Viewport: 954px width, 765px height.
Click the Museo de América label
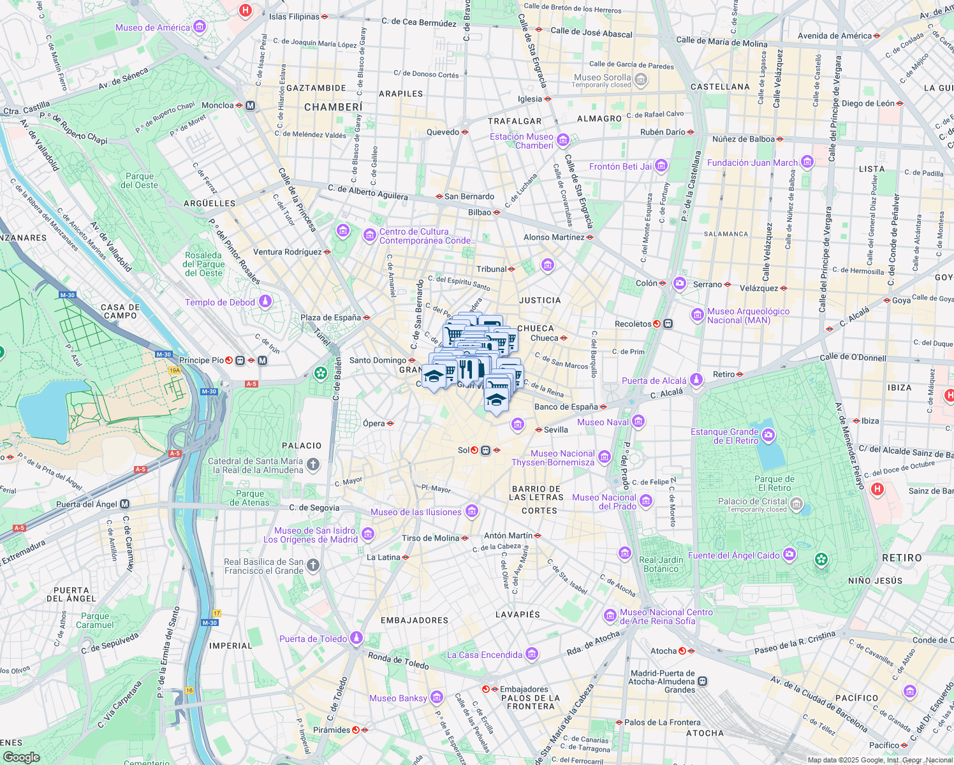153,27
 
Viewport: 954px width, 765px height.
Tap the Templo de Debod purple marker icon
265,302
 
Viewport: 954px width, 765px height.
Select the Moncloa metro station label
217,105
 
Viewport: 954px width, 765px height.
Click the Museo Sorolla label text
602,78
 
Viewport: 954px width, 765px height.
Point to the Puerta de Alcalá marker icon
696,380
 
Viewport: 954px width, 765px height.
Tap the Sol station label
464,450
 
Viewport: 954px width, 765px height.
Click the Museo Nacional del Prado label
604,502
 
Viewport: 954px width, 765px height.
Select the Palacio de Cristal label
752,502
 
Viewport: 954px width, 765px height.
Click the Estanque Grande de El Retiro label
724,436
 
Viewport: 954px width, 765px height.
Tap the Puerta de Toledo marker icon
356,638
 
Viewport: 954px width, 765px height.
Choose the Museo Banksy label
398,698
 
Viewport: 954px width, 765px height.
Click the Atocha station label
663,651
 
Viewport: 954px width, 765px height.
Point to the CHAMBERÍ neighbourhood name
333,107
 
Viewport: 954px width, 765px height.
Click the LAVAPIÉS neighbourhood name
518,615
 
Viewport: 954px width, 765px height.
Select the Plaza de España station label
330,317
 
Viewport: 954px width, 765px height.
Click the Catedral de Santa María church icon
312,465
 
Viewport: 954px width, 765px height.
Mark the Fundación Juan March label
752,163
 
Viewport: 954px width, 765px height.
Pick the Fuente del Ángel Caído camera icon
789,555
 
